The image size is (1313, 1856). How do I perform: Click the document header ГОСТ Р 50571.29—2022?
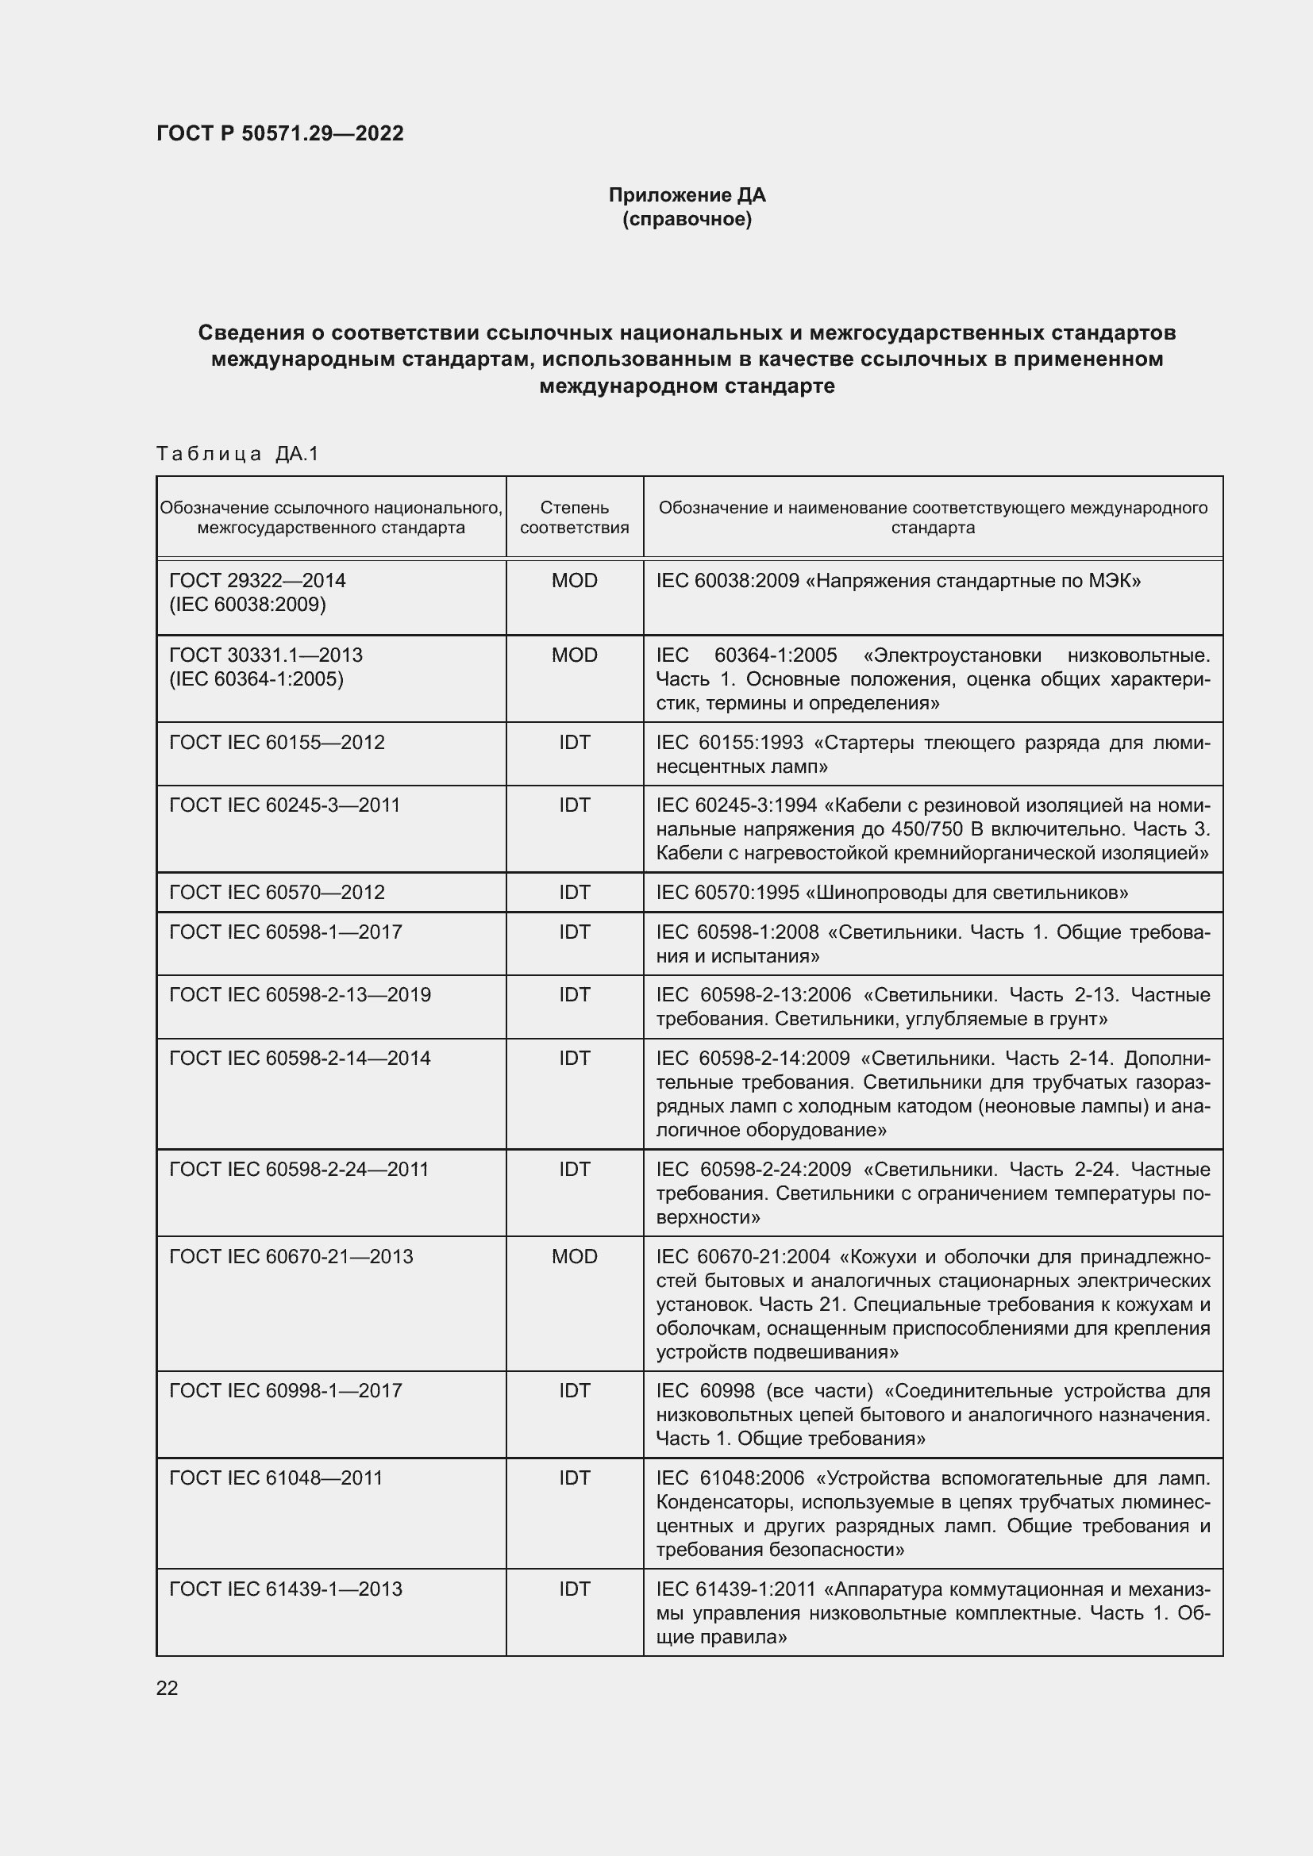click(279, 133)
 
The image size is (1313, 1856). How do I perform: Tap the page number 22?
click(167, 1688)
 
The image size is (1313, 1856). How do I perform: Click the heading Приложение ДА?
click(687, 195)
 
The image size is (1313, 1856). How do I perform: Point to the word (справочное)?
click(687, 219)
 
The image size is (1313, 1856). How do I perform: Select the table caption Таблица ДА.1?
click(237, 454)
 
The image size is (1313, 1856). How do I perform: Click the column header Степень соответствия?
click(574, 517)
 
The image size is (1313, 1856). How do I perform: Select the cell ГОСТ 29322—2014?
click(257, 580)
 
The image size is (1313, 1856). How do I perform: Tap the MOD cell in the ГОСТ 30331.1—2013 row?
click(574, 655)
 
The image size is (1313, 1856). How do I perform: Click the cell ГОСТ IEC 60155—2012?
click(276, 742)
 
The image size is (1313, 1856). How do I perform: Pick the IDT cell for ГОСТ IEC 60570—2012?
click(574, 893)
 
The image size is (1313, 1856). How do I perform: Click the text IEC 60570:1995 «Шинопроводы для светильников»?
click(891, 893)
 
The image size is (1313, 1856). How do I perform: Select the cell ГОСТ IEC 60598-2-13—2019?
click(300, 994)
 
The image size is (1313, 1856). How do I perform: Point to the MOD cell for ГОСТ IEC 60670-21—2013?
click(574, 1256)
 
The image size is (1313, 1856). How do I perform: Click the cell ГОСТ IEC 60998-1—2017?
click(286, 1390)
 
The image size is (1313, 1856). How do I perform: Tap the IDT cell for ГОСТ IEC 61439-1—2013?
click(574, 1589)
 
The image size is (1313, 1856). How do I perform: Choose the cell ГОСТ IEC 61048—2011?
click(275, 1477)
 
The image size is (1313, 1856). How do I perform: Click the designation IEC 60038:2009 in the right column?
click(727, 580)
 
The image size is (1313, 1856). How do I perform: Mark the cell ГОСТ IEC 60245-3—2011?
click(285, 805)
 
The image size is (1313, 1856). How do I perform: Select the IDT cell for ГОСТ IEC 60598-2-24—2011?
click(574, 1169)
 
